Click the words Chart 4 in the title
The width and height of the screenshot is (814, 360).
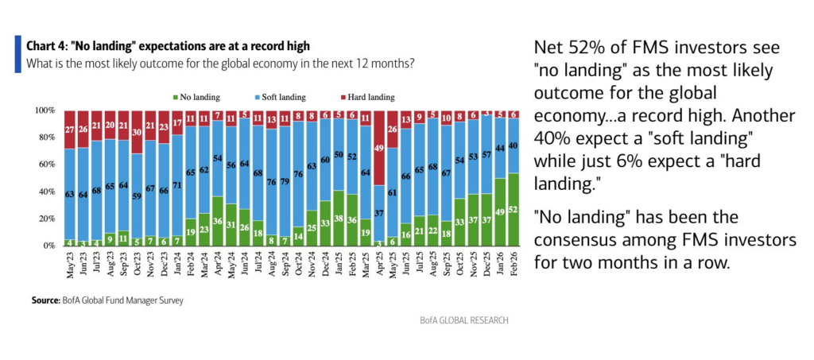tap(47, 46)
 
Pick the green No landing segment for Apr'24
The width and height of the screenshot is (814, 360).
tap(217, 221)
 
